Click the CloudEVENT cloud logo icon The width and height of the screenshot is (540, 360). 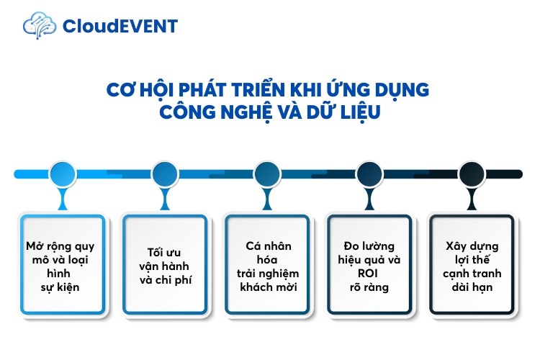click(x=40, y=26)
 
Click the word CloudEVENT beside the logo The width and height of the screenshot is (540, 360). click(x=120, y=27)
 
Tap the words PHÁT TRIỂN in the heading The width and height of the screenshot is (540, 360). click(x=215, y=89)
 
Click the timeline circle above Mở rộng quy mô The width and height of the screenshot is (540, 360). click(x=63, y=174)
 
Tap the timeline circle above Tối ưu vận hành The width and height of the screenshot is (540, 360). click(x=165, y=174)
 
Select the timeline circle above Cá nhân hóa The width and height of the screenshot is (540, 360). click(x=267, y=174)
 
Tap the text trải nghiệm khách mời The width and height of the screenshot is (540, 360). click(x=267, y=280)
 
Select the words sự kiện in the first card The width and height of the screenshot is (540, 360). click(x=63, y=287)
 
